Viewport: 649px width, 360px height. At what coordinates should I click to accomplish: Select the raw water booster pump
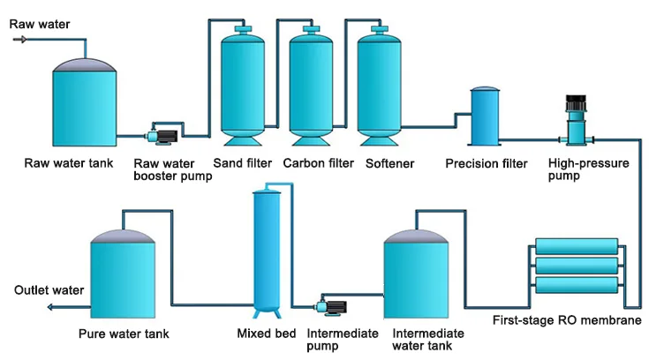162,135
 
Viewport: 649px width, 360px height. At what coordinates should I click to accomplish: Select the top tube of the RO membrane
577,246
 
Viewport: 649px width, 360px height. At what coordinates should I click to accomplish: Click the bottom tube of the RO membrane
577,285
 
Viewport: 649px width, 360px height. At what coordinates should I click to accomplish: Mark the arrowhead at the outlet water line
50,306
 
